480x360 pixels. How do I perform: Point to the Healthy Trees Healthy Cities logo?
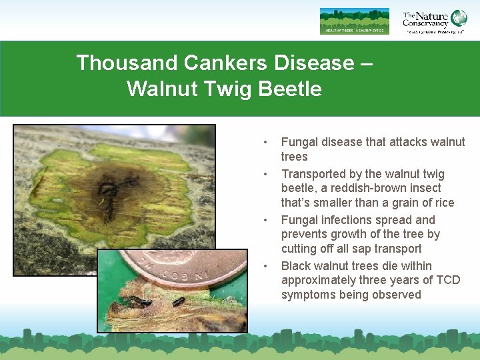(x=354, y=21)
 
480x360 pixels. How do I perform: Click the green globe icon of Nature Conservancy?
(x=459, y=18)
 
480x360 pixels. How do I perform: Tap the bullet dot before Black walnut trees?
(x=265, y=266)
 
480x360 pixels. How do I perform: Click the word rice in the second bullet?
(x=443, y=203)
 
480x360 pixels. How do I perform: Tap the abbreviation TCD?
(x=446, y=280)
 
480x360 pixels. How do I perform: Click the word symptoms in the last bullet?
(x=309, y=295)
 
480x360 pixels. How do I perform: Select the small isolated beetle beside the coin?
(x=178, y=301)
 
